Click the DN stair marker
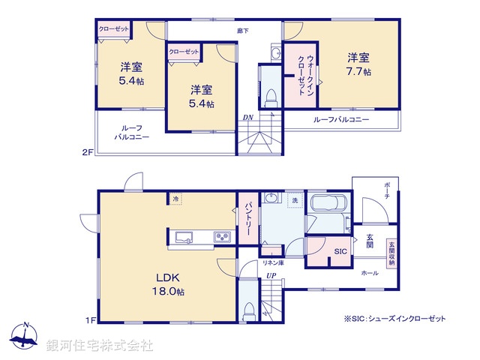pyautogui.click(x=247, y=118)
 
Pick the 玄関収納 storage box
pyautogui.click(x=391, y=253)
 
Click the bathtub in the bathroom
pyautogui.click(x=327, y=205)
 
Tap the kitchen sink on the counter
pyautogui.click(x=184, y=238)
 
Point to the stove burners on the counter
pyautogui.click(x=222, y=238)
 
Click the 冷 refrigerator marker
pyautogui.click(x=175, y=199)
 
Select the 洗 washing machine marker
pyautogui.click(x=295, y=201)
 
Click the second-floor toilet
pyautogui.click(x=270, y=98)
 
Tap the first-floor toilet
pyautogui.click(x=249, y=309)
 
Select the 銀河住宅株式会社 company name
pyautogui.click(x=100, y=346)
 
